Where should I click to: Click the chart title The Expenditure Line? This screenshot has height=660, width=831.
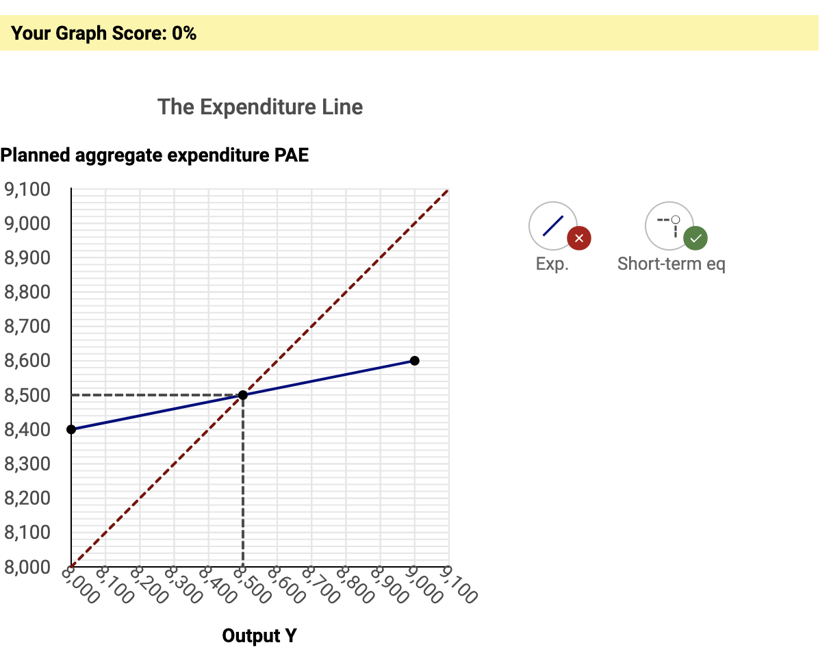point(260,107)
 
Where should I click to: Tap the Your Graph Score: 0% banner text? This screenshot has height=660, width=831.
point(104,33)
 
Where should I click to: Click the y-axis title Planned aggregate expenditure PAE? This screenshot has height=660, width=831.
point(155,155)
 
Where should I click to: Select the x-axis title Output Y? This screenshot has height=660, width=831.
point(259,636)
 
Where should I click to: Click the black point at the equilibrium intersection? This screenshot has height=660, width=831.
point(243,395)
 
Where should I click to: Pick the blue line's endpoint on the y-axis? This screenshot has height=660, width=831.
point(71,429)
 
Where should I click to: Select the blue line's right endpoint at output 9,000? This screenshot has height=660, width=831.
point(414,361)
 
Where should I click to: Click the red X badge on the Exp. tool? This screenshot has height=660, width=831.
point(579,238)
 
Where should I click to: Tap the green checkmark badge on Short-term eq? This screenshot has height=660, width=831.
point(695,238)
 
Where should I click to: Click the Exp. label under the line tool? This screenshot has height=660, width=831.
point(552,264)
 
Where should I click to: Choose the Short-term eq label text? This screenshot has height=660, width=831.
point(671,264)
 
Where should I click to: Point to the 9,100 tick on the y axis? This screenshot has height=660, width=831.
point(27,190)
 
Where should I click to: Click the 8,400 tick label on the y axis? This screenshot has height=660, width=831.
point(27,430)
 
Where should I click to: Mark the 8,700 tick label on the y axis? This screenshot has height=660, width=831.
point(27,327)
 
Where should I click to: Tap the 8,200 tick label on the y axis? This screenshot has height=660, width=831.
point(27,498)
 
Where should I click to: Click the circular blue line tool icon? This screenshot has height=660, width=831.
point(552,226)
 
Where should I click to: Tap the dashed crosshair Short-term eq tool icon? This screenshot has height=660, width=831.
point(669,226)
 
